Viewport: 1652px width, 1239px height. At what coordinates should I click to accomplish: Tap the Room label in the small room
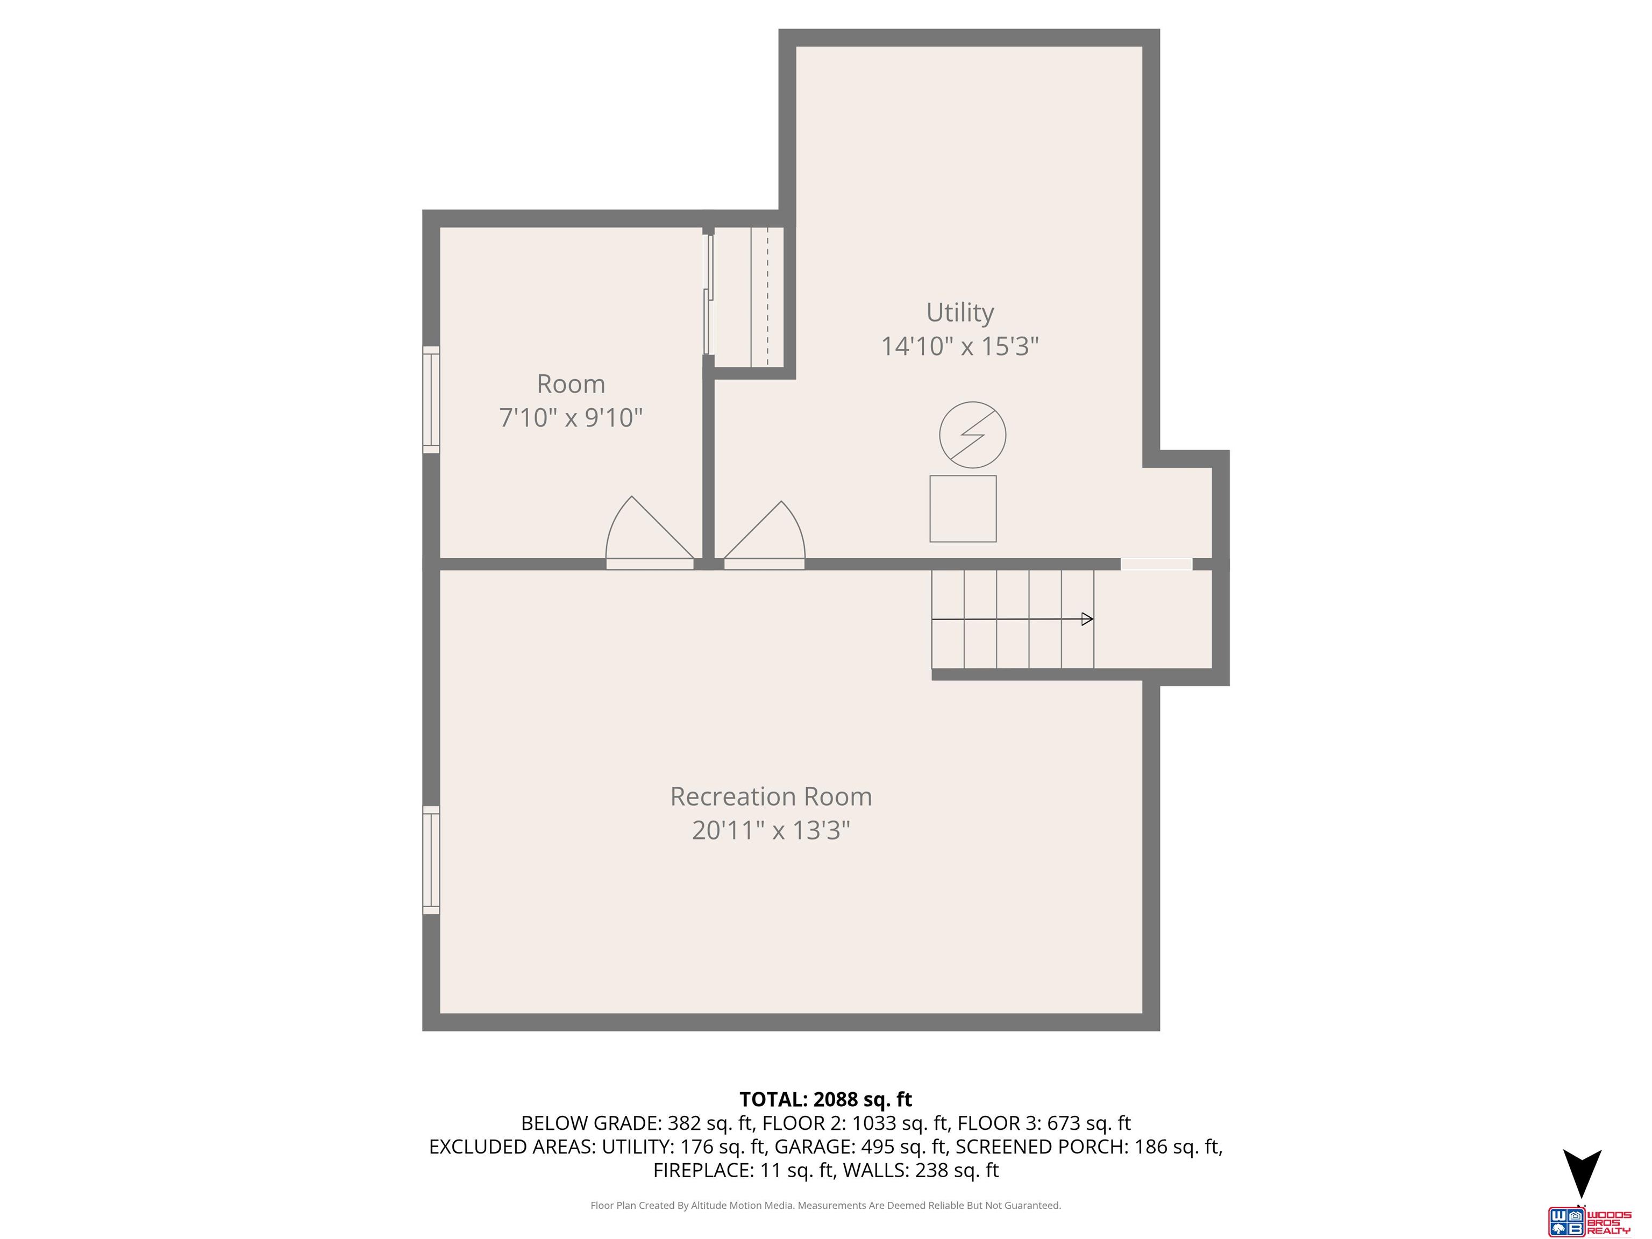[571, 384]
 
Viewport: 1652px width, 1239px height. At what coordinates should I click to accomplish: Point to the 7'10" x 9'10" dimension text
[571, 417]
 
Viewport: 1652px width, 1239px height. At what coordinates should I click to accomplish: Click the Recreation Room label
[771, 796]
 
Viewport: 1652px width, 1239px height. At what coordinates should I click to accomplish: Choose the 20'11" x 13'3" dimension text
[771, 830]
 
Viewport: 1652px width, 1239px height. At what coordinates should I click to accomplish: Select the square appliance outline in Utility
[963, 509]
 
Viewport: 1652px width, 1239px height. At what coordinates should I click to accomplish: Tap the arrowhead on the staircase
[1087, 618]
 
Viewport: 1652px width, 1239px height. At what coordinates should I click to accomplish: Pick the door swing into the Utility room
[769, 534]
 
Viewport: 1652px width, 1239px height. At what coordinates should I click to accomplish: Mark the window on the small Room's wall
[431, 400]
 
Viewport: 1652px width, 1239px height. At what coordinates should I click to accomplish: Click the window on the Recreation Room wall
[431, 859]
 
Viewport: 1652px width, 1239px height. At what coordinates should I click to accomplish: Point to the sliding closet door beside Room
[709, 295]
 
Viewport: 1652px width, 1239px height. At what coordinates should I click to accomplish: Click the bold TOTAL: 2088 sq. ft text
[825, 1099]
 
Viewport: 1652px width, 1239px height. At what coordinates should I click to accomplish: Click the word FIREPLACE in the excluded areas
[702, 1170]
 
